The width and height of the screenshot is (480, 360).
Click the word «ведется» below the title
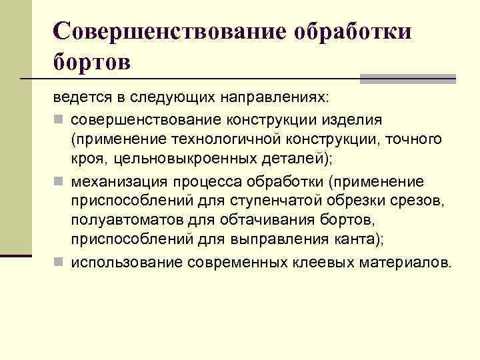77,98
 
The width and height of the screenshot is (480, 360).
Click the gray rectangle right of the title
407,79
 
